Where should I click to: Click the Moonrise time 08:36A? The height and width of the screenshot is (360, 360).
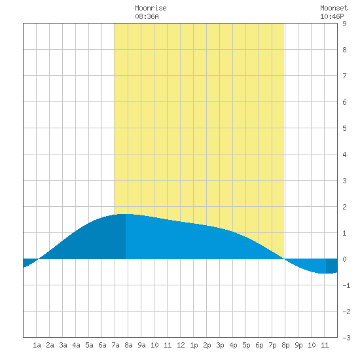[147, 16]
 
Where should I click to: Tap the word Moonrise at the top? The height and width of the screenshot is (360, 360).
[151, 8]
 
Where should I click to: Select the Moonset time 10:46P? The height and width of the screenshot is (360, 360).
[332, 16]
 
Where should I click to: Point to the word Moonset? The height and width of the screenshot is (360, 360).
[334, 8]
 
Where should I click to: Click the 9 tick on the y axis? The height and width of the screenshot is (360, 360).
[344, 24]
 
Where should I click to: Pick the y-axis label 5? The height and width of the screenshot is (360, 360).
[344, 128]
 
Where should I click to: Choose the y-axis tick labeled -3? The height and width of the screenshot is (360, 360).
[346, 338]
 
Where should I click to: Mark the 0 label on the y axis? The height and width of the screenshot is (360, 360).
[344, 259]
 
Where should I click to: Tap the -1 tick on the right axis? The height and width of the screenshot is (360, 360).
[346, 285]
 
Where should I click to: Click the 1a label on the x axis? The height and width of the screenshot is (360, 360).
[37, 345]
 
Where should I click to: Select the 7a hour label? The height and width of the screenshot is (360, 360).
[115, 345]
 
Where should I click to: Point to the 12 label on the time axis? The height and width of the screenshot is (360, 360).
[181, 345]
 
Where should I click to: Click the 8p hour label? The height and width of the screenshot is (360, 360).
[285, 345]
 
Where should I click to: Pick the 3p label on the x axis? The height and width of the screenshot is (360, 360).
[220, 345]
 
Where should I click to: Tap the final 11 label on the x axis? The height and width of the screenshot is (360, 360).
[325, 345]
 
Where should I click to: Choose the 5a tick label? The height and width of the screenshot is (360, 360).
[89, 345]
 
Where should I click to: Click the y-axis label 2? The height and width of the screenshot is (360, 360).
[344, 207]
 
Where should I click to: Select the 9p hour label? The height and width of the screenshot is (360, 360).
[298, 345]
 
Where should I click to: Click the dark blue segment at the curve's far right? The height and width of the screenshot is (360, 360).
[332, 266]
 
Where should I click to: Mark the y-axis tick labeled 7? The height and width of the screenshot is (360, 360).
[344, 76]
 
